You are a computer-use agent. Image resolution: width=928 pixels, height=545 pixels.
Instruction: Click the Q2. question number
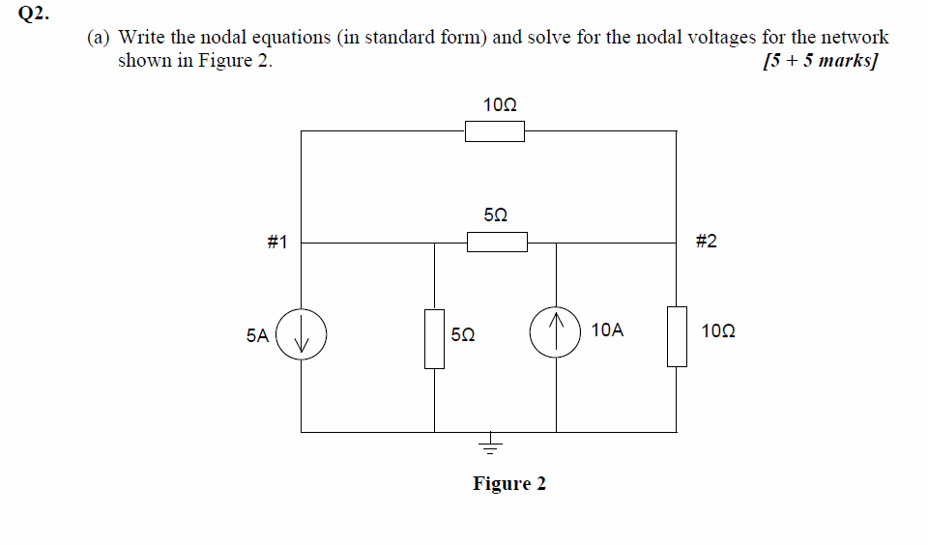[35, 14]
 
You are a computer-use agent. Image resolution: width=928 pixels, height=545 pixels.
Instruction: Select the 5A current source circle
[302, 335]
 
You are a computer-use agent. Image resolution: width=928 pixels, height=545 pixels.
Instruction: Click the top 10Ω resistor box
[495, 131]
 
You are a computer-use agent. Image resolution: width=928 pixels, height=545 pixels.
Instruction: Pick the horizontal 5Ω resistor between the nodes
[497, 242]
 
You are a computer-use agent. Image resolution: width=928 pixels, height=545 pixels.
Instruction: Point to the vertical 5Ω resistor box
[434, 338]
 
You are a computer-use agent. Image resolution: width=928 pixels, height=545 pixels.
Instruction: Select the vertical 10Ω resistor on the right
[677, 336]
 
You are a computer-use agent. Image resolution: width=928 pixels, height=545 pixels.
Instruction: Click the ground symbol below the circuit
[490, 445]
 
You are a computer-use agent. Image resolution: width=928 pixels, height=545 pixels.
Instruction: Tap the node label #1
[276, 242]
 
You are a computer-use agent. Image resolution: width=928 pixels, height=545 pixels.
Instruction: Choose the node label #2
[707, 241]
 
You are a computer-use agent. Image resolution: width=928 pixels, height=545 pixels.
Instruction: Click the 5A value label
[257, 335]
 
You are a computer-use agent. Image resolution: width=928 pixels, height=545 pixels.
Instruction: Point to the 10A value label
[607, 330]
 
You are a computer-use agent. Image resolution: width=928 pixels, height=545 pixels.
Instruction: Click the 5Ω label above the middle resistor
[495, 214]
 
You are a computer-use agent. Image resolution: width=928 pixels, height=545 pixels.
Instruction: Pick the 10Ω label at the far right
[718, 330]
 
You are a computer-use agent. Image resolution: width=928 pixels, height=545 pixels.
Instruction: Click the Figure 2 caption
[509, 483]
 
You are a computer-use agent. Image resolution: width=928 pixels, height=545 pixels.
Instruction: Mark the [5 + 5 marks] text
[820, 61]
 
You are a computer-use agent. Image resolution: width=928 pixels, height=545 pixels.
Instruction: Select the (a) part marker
[98, 38]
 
